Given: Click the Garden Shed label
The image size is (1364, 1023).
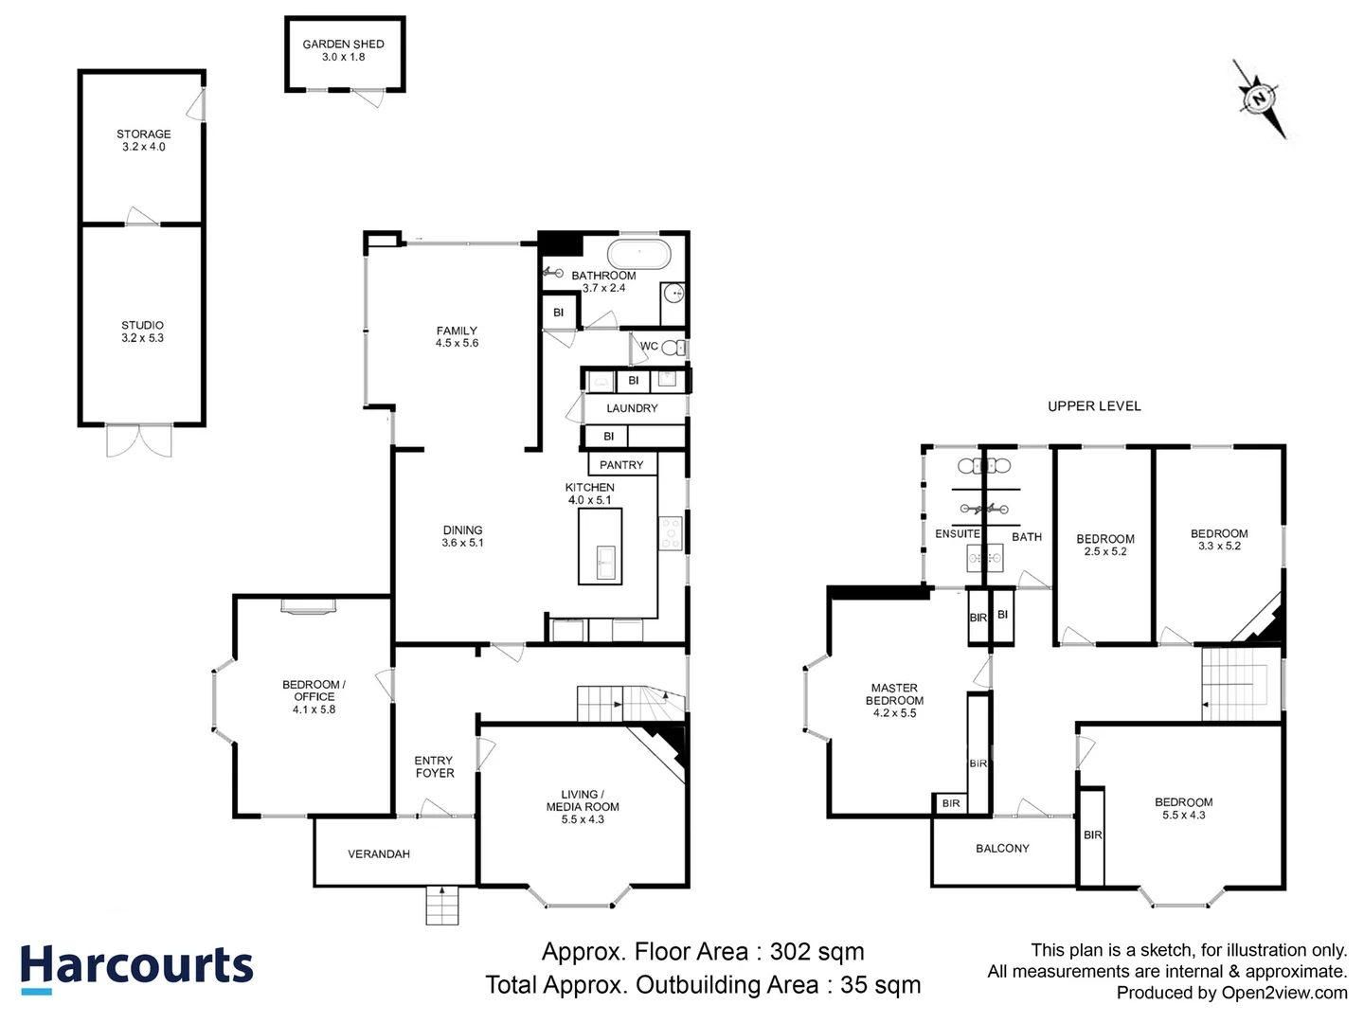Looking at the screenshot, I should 343,45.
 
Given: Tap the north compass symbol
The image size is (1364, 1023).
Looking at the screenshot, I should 1260,99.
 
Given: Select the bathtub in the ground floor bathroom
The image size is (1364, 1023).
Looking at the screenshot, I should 638,254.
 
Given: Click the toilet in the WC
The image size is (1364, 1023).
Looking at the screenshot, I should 673,348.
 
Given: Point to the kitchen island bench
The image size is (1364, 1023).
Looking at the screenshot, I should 601,547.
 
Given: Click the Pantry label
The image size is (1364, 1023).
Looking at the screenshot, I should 621,465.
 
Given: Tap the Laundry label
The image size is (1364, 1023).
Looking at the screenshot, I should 632,408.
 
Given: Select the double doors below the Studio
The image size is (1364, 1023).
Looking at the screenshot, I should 139,441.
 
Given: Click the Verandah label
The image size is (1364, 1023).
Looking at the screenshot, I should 379,854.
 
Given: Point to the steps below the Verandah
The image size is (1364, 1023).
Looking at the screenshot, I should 442,906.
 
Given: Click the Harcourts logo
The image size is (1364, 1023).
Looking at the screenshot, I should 136,969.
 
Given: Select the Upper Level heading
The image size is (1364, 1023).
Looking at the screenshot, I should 1094,406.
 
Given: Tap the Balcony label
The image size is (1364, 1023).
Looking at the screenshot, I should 1002,849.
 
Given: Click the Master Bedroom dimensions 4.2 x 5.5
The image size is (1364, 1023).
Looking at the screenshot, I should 894,713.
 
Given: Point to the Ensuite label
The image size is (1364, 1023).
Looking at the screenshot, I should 957,534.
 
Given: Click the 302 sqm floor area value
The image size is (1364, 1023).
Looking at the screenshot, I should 817,951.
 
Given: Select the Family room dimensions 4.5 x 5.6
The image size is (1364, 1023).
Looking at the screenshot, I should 457,344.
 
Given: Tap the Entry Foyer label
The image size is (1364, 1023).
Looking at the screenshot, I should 434,767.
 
